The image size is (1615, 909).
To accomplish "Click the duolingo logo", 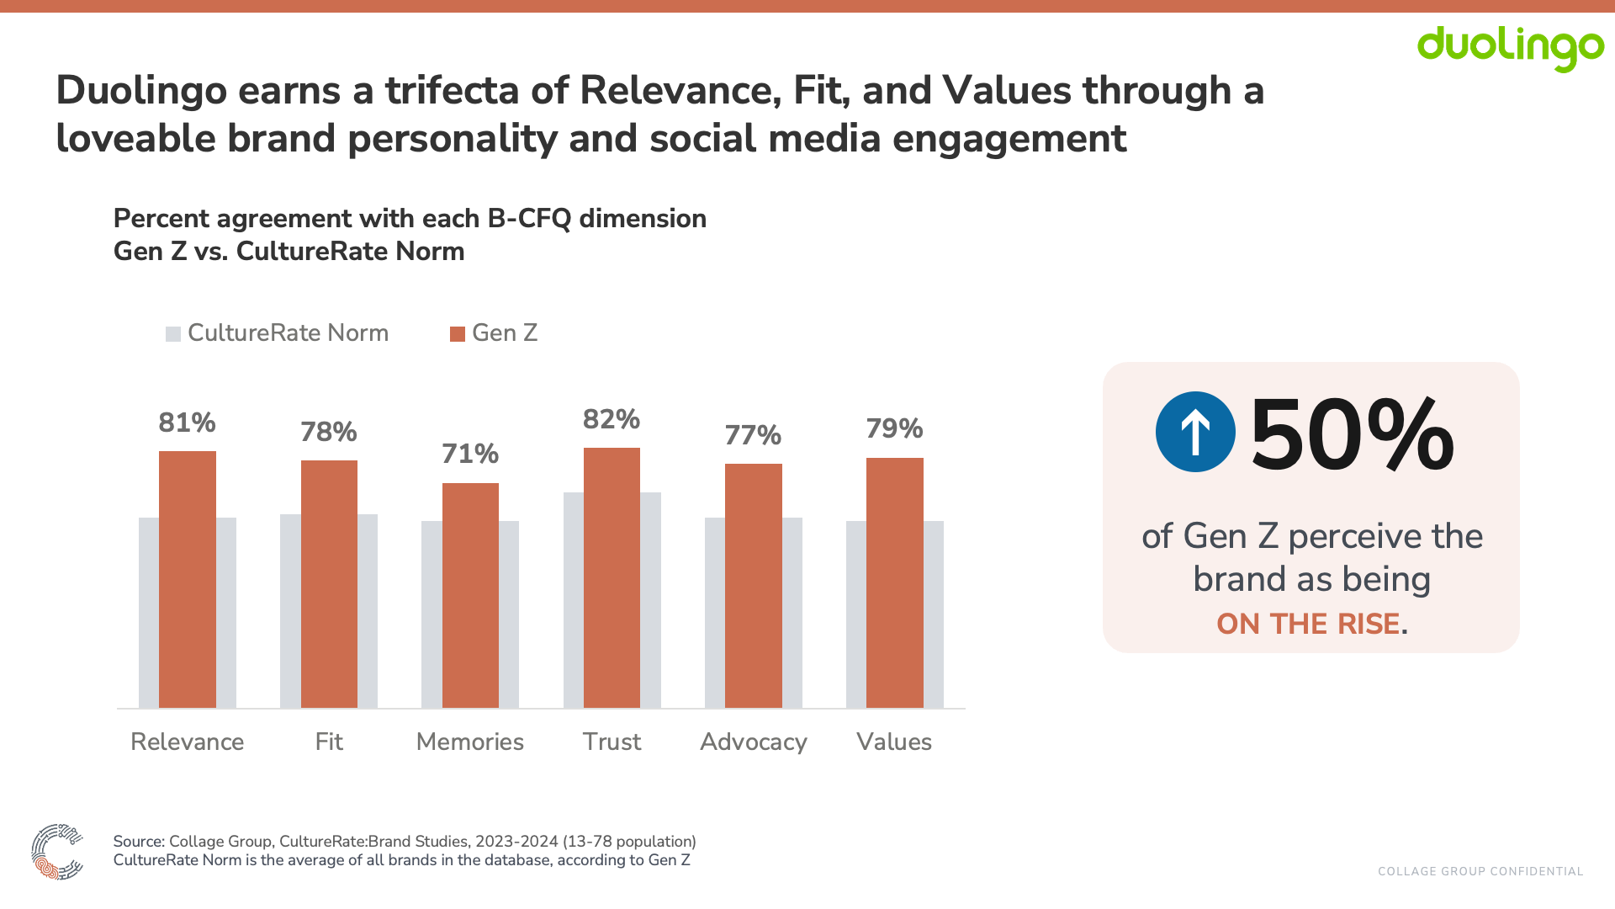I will click(1510, 48).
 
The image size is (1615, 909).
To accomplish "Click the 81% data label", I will click(188, 423).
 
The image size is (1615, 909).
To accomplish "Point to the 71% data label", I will click(470, 454).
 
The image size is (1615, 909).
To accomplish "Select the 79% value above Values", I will click(894, 429).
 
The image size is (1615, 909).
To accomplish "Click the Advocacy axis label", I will click(753, 742).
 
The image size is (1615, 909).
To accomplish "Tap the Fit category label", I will click(329, 742).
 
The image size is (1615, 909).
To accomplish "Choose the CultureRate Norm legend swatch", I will click(173, 334).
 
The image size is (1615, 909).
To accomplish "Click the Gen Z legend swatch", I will click(458, 334).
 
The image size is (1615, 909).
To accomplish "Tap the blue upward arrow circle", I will click(1195, 432).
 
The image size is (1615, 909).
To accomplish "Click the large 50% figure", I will click(1352, 435).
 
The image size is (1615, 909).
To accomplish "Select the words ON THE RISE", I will click(1308, 624).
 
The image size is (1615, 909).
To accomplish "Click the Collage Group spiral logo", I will click(57, 852).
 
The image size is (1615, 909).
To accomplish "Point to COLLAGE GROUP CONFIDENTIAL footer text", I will click(1480, 871).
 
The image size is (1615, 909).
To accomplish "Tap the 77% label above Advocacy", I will click(753, 436).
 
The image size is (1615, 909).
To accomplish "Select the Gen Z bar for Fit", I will click(329, 584).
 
